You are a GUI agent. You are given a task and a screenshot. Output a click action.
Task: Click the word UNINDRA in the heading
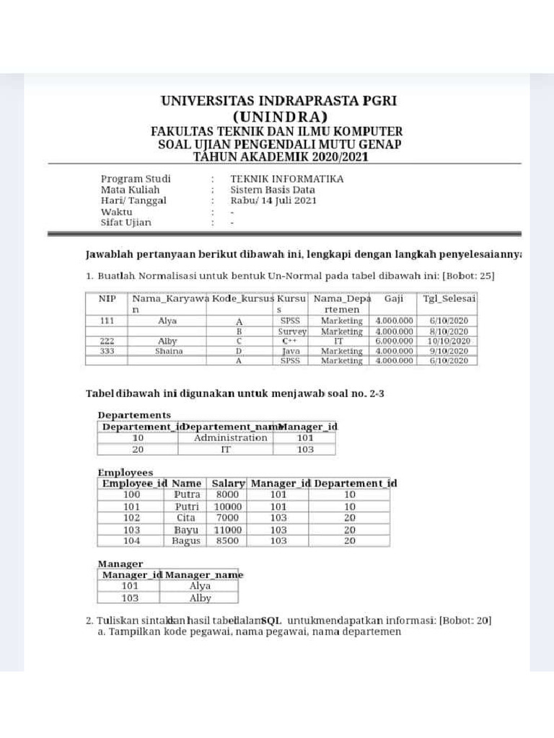278,117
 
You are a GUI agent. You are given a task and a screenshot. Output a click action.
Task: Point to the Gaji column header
394,298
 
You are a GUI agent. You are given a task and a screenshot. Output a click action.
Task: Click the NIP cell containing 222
107,341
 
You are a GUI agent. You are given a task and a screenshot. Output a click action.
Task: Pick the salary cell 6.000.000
394,341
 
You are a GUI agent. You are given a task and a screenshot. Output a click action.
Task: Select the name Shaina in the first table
169,351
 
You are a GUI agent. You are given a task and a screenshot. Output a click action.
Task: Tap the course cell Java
291,351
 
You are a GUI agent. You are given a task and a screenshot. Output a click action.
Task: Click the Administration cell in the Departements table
231,437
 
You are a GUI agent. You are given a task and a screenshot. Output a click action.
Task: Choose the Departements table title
134,415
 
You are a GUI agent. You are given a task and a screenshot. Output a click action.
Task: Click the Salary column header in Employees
228,483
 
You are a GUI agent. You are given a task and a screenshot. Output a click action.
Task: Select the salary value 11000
228,529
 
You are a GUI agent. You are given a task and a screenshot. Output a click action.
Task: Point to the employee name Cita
186,517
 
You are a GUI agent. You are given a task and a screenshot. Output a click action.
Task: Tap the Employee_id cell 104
132,541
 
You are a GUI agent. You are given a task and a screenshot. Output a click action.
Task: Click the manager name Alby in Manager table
200,597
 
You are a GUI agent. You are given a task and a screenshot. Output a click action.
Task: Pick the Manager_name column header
204,574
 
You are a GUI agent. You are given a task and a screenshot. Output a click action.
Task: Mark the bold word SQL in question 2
271,621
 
